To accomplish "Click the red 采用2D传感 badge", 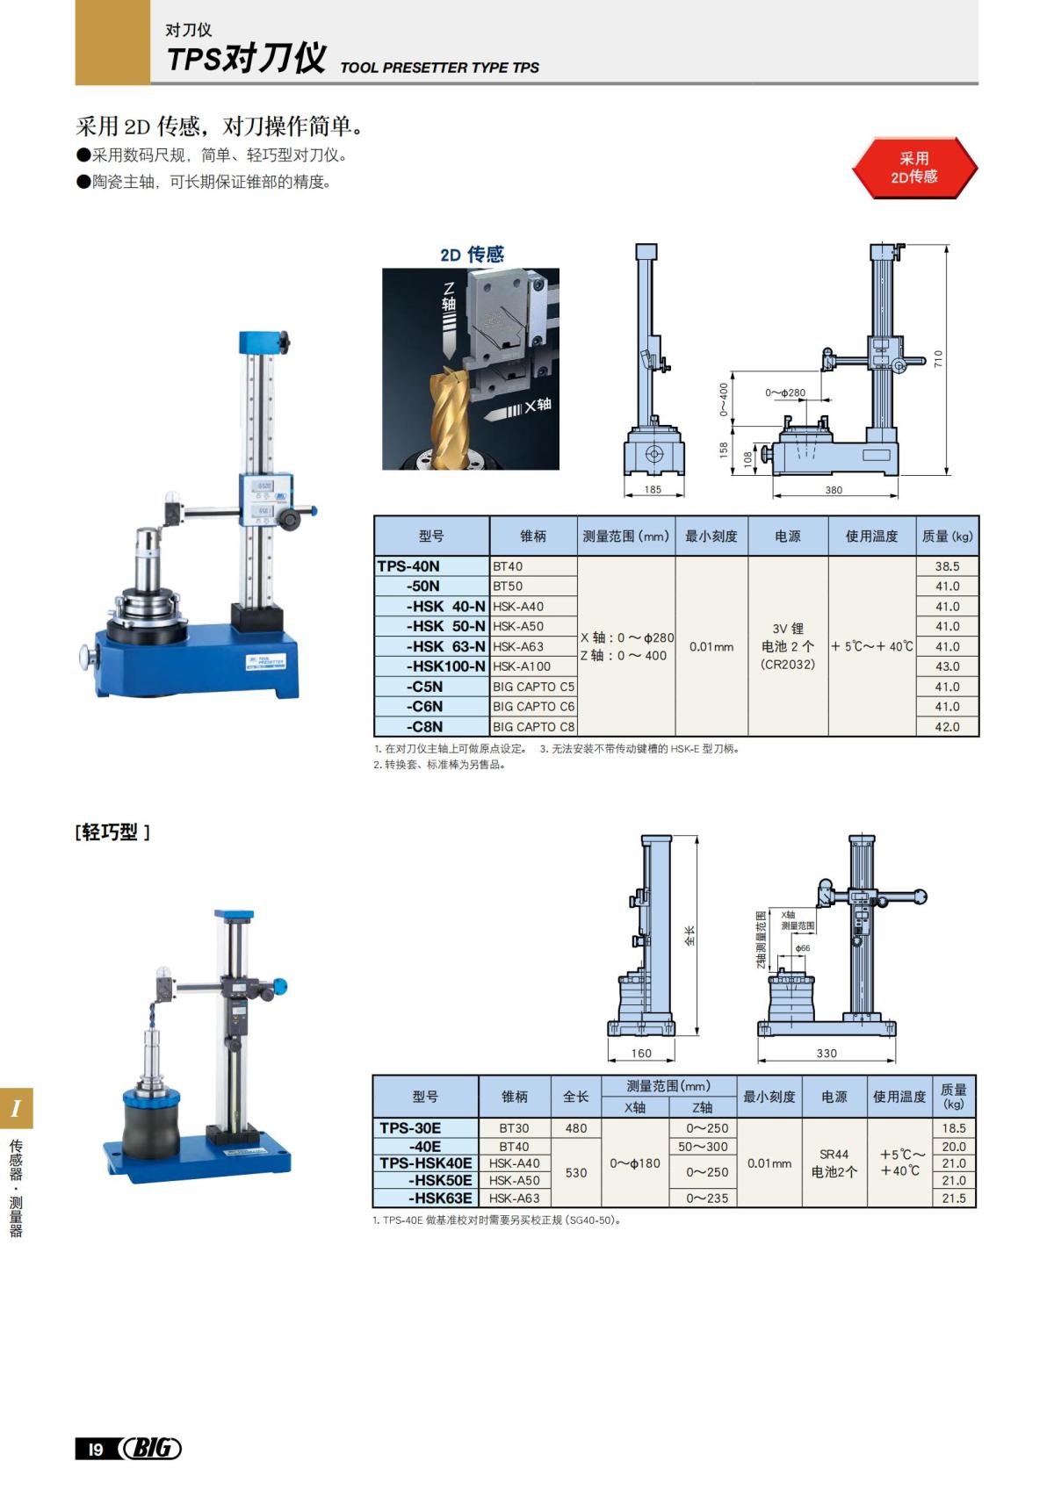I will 913,168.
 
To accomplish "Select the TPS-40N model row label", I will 408,566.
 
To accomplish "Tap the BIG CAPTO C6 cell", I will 533,706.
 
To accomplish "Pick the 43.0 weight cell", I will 947,666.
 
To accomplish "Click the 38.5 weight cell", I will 947,566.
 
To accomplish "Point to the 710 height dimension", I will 938,358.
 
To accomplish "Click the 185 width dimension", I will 653,490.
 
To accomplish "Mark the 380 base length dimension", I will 834,491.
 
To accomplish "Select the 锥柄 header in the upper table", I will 533,536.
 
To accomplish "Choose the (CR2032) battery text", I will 788,665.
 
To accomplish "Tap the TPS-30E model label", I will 410,1128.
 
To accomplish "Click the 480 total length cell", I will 576,1128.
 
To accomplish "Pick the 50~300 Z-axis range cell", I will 703,1146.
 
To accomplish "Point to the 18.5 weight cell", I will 954,1128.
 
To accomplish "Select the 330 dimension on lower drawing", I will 827,1053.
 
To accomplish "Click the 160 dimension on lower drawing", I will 641,1053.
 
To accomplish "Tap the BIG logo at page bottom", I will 151,1448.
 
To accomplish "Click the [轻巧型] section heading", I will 112,832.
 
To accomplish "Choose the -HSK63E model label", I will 440,1198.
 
